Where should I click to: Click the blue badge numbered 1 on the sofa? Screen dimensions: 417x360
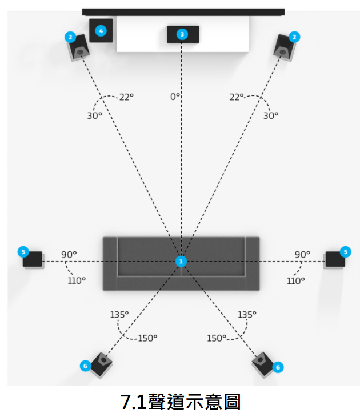181,261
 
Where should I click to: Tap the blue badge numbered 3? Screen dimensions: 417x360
182,34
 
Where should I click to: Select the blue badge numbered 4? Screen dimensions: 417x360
101,31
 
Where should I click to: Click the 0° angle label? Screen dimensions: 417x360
175,97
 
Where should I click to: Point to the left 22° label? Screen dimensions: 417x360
126,97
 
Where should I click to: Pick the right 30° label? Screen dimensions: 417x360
271,115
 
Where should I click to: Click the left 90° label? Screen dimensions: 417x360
69,254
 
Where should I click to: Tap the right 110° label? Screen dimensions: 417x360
295,280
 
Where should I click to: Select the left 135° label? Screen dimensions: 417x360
119,315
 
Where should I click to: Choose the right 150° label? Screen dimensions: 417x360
217,338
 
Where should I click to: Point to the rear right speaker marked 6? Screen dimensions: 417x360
263,363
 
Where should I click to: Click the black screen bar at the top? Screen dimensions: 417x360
183,11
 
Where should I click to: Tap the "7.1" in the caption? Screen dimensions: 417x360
135,402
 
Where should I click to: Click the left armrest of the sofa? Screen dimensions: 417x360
110,263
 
